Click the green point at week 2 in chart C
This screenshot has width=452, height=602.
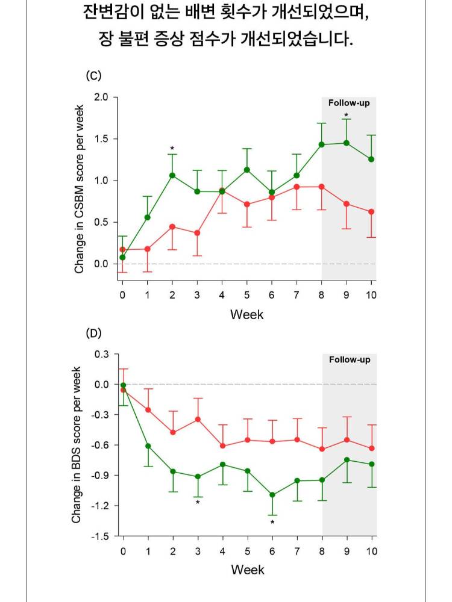[x=172, y=175]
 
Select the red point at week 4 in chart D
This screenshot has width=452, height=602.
[x=223, y=446]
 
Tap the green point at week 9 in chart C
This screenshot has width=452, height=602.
[x=347, y=143]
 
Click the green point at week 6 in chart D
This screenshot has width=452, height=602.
[x=272, y=495]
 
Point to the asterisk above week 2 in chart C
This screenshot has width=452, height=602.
[x=172, y=149]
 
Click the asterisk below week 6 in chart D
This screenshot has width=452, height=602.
[x=272, y=523]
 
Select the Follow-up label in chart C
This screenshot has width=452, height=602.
[x=349, y=103]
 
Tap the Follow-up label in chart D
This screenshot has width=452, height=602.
[x=350, y=360]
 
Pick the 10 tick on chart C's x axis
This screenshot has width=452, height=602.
[x=371, y=294]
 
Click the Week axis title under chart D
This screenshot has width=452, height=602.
[x=247, y=569]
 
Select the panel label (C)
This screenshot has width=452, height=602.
[x=93, y=76]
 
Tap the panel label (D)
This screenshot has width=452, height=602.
[x=93, y=333]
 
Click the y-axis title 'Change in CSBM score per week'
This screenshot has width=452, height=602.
[x=80, y=186]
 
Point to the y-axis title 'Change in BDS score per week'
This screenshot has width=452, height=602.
[x=77, y=444]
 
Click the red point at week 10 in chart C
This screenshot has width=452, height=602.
[x=371, y=212]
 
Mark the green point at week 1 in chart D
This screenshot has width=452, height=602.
[x=148, y=446]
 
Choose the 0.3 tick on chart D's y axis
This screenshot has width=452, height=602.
[x=101, y=354]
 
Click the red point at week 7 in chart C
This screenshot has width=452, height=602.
[x=297, y=187]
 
